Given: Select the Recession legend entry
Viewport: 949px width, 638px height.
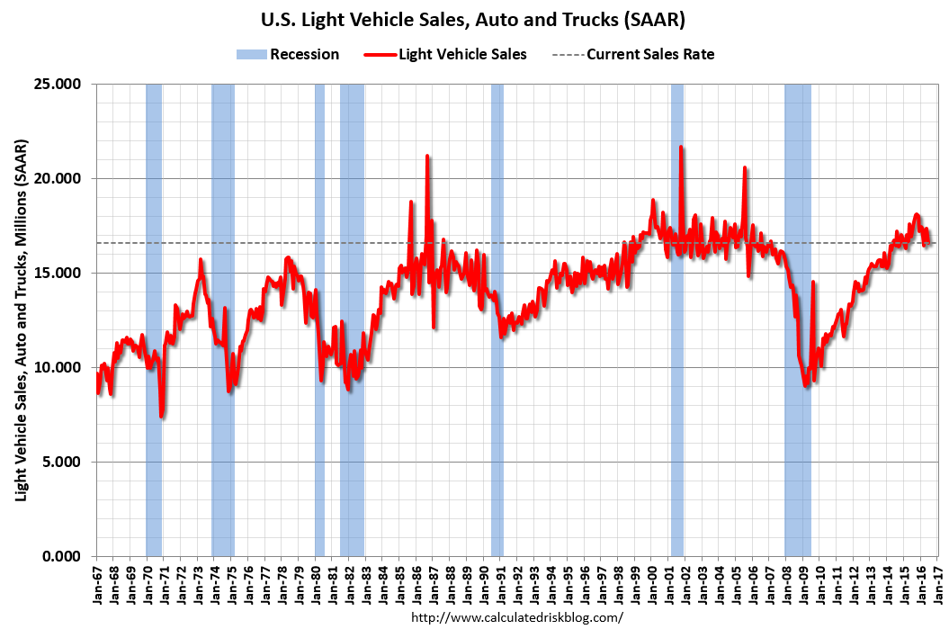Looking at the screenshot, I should coord(288,54).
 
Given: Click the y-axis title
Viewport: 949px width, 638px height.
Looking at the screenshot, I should coord(21,320).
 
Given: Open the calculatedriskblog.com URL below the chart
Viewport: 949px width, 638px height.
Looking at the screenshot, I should coord(516,618).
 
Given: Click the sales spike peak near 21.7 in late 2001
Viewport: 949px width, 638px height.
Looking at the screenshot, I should coord(681,147).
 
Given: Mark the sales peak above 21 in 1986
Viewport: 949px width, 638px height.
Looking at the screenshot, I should coord(427,156).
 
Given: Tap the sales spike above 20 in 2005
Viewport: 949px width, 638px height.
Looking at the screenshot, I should coord(745,167).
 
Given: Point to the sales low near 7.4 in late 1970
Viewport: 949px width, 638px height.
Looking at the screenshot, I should coord(161,416).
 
